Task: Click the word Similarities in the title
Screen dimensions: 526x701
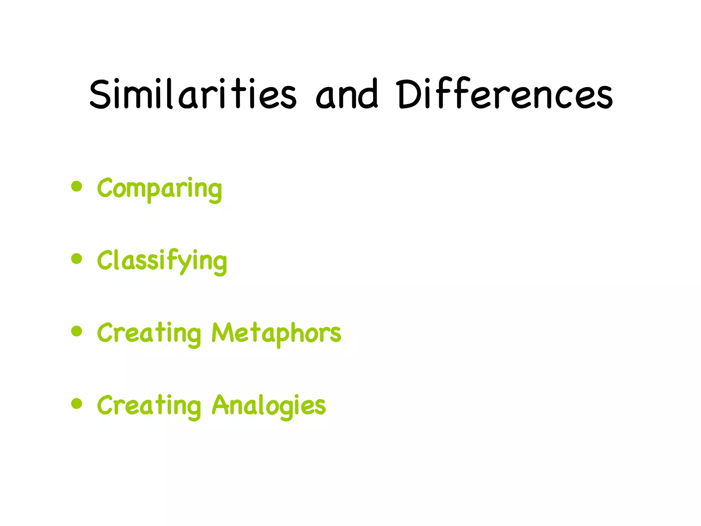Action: (193, 94)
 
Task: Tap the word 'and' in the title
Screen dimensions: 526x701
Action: (346, 94)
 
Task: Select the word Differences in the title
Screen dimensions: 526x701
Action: (504, 94)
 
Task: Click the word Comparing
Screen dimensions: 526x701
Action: (160, 189)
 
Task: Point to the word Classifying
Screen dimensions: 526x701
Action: (162, 261)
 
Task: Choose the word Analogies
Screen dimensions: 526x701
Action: (269, 405)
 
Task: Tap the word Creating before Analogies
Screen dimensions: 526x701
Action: (149, 405)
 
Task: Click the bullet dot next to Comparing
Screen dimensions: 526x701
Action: (77, 187)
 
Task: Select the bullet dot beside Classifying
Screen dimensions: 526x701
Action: (77, 259)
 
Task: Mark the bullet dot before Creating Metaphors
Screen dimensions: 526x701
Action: (77, 331)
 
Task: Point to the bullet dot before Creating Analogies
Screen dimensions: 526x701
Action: (77, 403)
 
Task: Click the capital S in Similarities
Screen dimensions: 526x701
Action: (100, 94)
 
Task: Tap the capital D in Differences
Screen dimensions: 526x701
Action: (409, 94)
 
